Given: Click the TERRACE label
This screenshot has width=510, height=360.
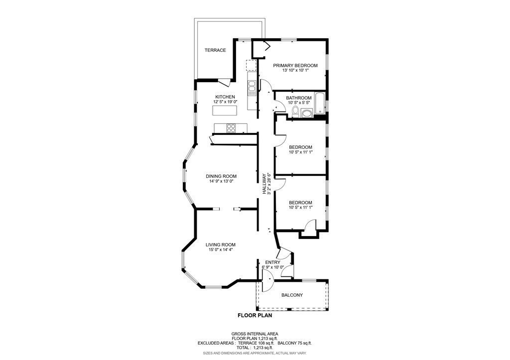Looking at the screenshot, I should coord(215,50).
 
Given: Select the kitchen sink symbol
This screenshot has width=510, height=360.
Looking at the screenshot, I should coord(252,88).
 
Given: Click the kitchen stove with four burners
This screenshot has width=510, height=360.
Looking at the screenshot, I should coord(231,128).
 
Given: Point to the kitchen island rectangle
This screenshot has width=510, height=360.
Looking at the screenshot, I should coord(225,111).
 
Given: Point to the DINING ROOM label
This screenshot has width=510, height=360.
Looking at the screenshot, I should coord(221,176).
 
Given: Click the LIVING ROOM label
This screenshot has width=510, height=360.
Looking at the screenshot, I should coord(221,244).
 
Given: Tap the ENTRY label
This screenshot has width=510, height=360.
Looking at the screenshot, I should coord(272,262).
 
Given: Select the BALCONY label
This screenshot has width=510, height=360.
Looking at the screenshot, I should coord(292,295).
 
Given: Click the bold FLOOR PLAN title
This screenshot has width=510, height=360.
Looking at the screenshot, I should coord(255,315).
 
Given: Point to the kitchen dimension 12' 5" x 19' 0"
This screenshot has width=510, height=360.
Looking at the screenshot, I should coord(225,102).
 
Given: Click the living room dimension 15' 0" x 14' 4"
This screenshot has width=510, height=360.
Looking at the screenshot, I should coord(221,250).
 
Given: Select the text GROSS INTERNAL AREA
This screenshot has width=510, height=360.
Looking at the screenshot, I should coord(255,334).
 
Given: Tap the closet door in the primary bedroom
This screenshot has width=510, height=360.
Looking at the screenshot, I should coord(265,47).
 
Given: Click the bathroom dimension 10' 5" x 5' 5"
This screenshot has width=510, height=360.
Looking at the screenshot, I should coord(299,103).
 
